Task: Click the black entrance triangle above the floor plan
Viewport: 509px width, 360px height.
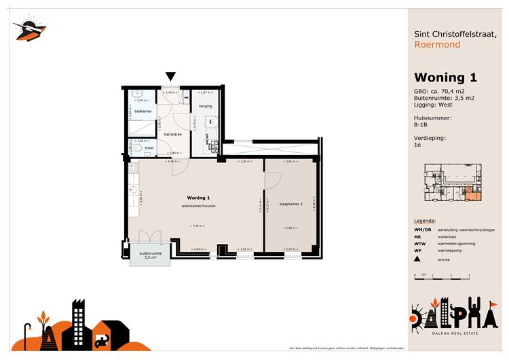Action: [171, 77]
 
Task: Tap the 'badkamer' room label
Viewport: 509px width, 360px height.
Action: [143, 111]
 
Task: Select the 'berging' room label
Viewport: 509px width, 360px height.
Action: [206, 107]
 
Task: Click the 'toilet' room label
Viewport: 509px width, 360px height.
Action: [149, 147]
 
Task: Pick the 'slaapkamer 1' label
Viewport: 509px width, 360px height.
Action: [290, 203]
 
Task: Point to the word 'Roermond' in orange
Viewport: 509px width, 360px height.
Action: [436, 45]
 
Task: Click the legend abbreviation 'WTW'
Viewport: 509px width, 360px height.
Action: [420, 242]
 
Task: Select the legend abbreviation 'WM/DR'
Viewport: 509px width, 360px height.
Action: [421, 230]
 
